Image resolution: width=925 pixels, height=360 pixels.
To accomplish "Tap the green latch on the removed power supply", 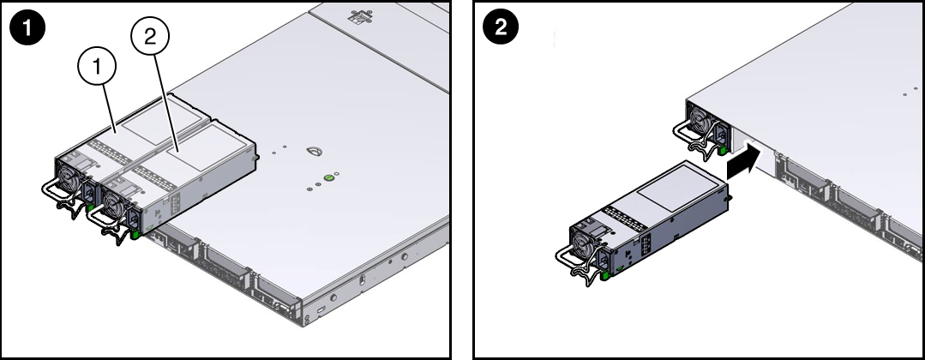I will coord(605,275).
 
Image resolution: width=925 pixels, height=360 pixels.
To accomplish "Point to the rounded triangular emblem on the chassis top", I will coord(314,153).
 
